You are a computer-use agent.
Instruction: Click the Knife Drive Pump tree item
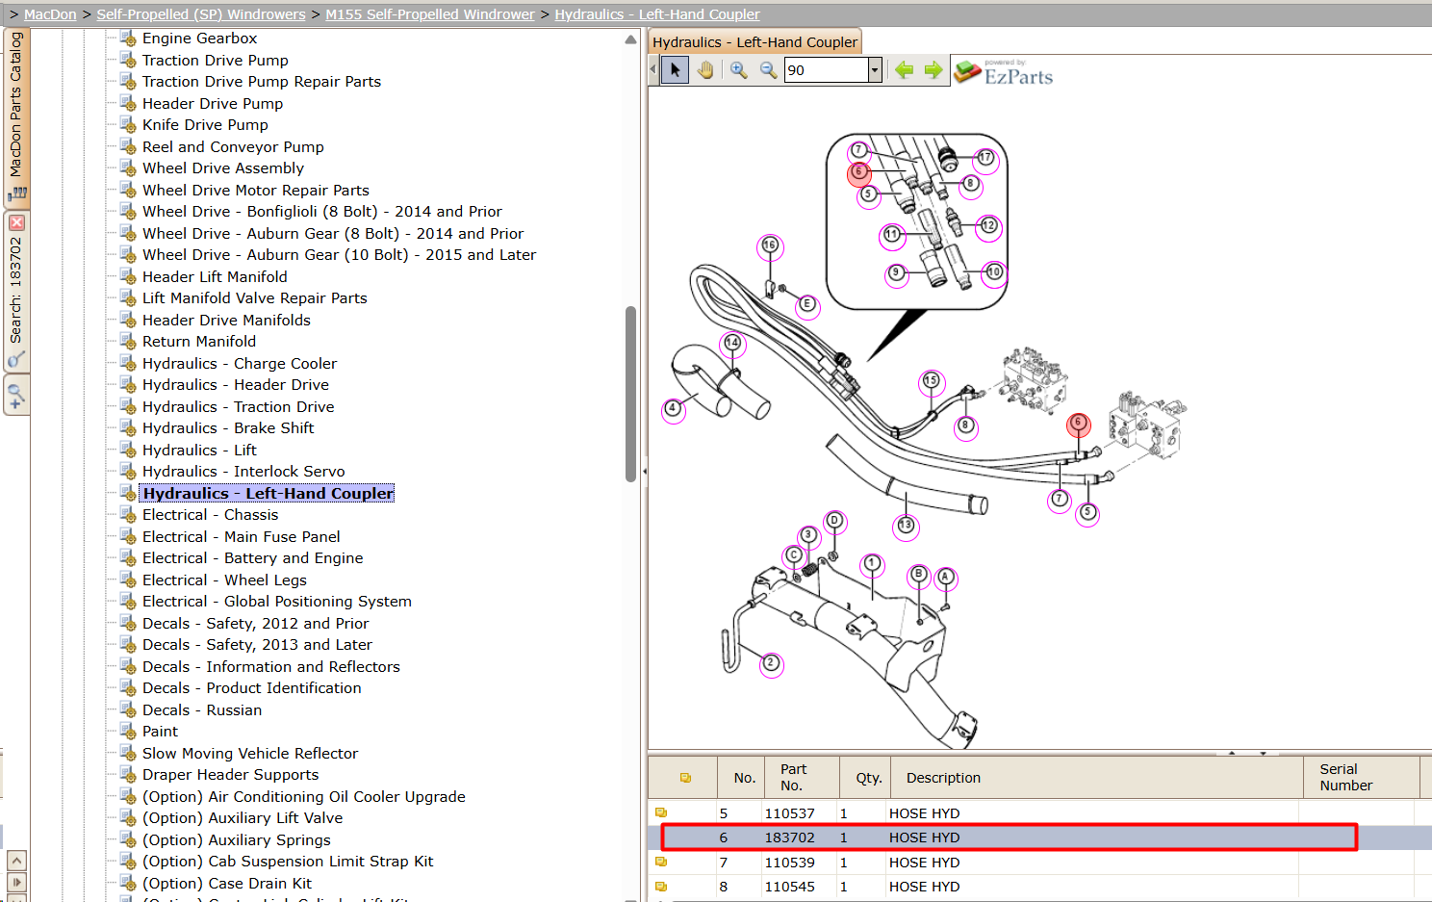(x=205, y=124)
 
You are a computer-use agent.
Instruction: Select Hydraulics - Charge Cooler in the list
(x=239, y=363)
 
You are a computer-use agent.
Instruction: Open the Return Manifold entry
(x=199, y=342)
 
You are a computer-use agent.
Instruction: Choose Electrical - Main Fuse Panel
(x=241, y=536)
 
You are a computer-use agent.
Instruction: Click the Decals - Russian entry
(x=202, y=709)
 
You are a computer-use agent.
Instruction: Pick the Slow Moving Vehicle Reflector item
(x=250, y=753)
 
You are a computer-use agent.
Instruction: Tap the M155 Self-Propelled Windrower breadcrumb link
(x=429, y=14)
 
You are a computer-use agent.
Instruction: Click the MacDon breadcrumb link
(x=50, y=14)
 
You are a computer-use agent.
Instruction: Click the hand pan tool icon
(x=705, y=69)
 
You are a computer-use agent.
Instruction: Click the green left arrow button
(x=904, y=69)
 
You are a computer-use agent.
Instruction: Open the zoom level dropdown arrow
(x=875, y=69)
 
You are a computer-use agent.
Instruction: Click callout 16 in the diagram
(x=770, y=245)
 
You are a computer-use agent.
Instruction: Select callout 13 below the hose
(x=906, y=526)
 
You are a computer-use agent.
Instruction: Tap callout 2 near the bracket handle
(x=771, y=663)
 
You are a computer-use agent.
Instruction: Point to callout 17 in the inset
(x=985, y=157)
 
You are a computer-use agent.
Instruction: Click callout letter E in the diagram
(x=806, y=303)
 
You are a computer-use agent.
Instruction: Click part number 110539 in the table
(x=789, y=863)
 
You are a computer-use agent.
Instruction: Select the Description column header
(x=943, y=778)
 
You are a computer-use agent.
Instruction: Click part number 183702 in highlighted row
(x=789, y=838)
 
